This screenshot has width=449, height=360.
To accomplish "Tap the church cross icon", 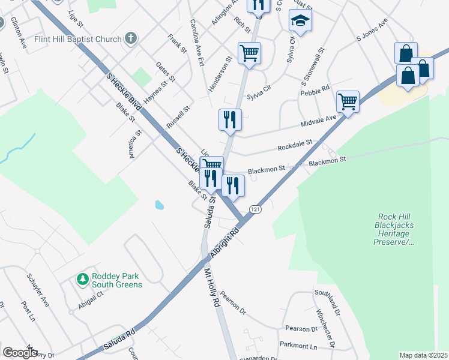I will (131, 40).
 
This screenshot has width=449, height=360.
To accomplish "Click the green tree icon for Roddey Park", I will (82, 279).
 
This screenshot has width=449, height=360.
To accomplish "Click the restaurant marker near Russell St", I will (229, 119).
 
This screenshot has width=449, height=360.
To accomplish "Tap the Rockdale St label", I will (295, 146).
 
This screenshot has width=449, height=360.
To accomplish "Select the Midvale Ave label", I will (319, 122).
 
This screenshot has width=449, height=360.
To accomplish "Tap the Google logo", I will (20, 352).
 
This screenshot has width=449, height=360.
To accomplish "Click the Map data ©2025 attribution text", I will (423, 355).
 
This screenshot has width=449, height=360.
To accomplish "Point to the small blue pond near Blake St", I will (159, 205).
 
